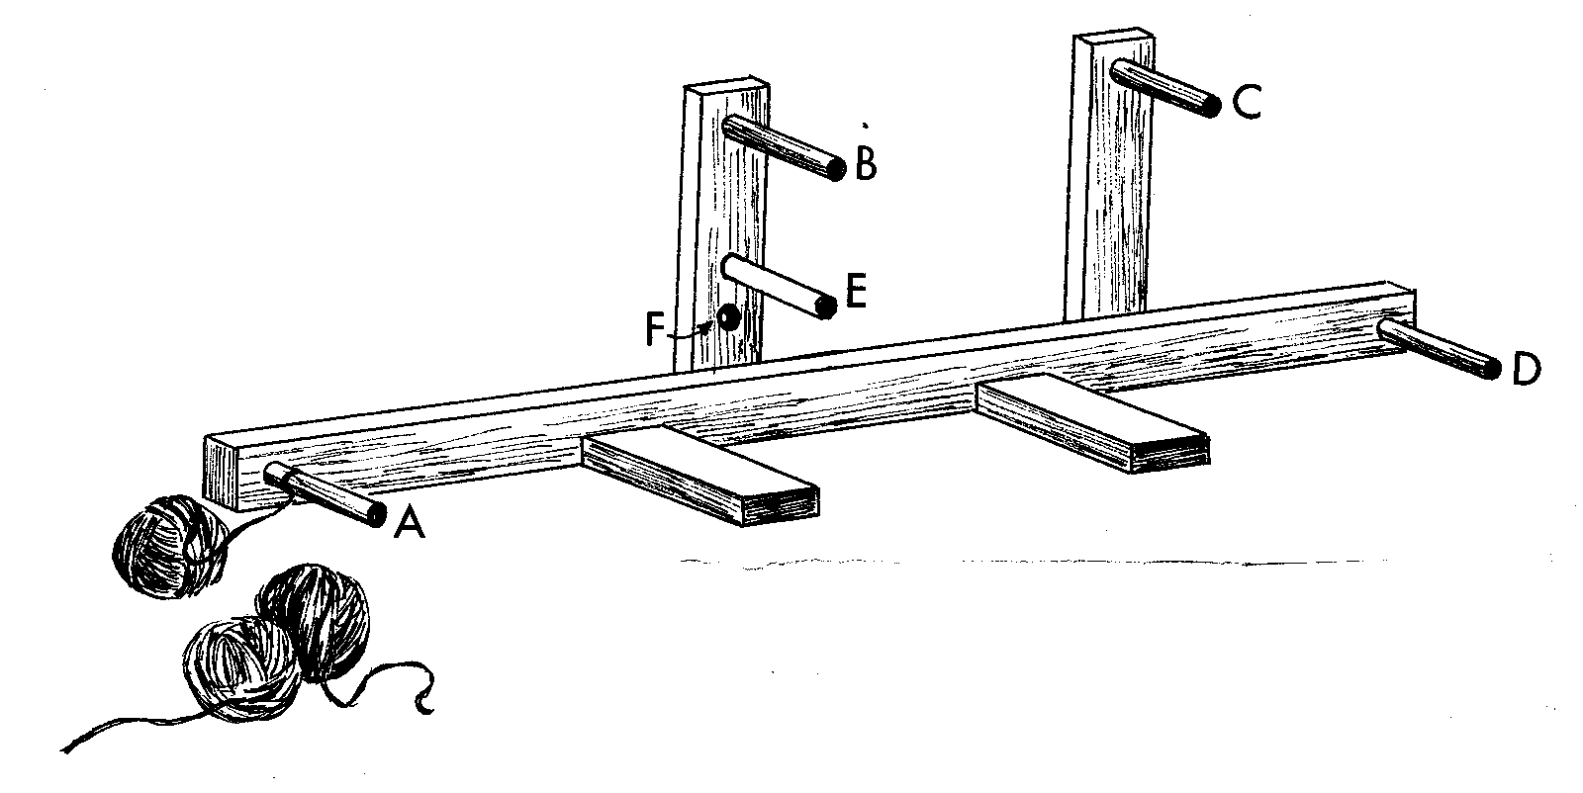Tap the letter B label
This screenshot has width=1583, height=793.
click(866, 166)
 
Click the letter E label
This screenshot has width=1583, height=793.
click(856, 294)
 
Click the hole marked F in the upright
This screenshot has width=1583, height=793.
click(729, 317)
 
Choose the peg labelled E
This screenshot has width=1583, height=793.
click(777, 287)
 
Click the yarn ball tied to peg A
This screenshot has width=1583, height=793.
click(168, 546)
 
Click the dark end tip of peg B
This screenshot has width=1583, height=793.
click(837, 170)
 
